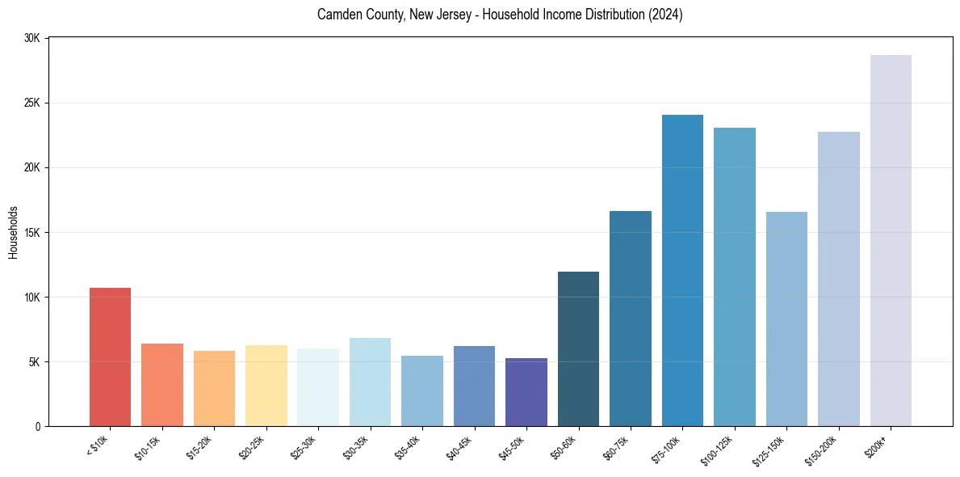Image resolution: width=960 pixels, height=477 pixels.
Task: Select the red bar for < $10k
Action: (110, 357)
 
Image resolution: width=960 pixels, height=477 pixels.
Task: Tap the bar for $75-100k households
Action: (682, 270)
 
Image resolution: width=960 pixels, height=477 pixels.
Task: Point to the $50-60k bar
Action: (578, 348)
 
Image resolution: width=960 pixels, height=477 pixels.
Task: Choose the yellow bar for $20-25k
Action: (266, 386)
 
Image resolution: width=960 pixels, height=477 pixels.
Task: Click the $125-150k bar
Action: (786, 319)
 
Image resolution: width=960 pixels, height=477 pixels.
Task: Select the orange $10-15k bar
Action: (162, 385)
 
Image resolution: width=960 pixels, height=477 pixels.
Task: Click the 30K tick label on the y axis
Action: (32, 38)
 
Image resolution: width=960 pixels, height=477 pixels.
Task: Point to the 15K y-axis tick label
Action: (32, 233)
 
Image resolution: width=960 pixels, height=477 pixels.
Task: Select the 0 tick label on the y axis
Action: (38, 426)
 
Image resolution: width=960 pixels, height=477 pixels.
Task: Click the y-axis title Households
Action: (13, 232)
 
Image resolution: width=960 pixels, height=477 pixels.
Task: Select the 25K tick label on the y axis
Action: (32, 103)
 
